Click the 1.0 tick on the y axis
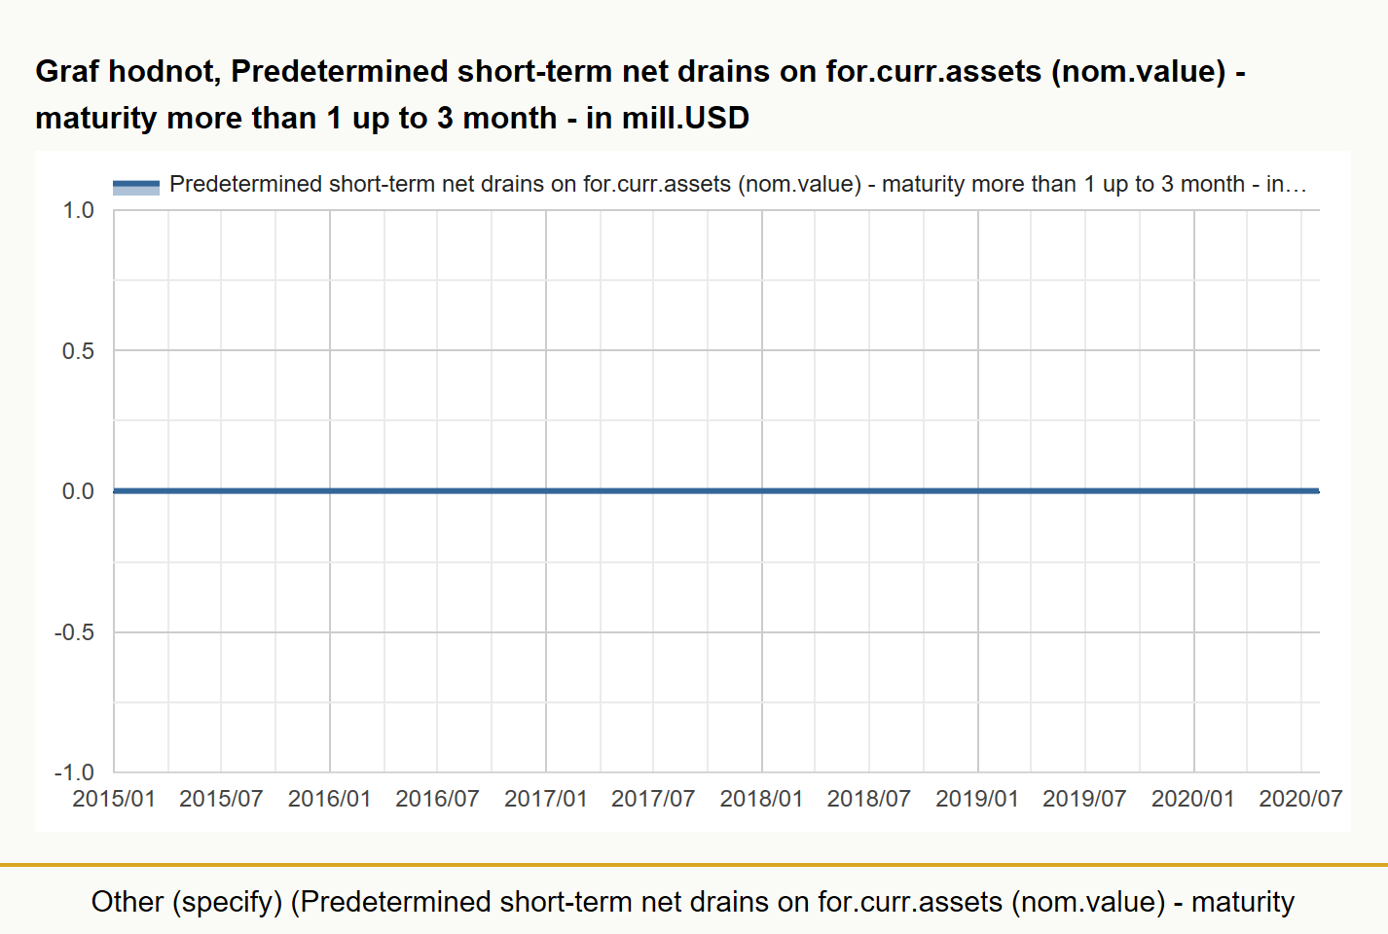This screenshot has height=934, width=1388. [78, 210]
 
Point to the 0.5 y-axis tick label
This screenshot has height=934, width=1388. [78, 351]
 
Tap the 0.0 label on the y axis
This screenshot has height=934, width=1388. [78, 491]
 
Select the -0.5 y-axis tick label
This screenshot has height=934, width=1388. [74, 632]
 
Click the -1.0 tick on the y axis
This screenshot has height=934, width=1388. [74, 772]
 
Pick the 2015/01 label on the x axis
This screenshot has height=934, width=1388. [114, 799]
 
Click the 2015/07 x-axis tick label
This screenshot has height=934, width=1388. [221, 799]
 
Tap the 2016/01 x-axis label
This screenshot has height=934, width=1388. [330, 799]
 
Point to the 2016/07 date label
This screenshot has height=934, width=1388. [437, 799]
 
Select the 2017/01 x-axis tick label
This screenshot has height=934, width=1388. [546, 799]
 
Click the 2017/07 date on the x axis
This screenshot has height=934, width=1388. [653, 799]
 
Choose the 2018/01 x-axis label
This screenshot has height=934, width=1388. [761, 799]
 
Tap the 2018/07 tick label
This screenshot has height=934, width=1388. [869, 799]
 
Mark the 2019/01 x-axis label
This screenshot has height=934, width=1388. [977, 799]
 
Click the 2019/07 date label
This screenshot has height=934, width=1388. [1084, 799]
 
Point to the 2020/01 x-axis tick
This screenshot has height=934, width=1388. [1192, 799]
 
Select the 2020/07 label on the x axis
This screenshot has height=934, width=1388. [1300, 799]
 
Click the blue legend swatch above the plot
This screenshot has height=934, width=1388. [136, 187]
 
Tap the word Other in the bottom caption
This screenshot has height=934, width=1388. [128, 902]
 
